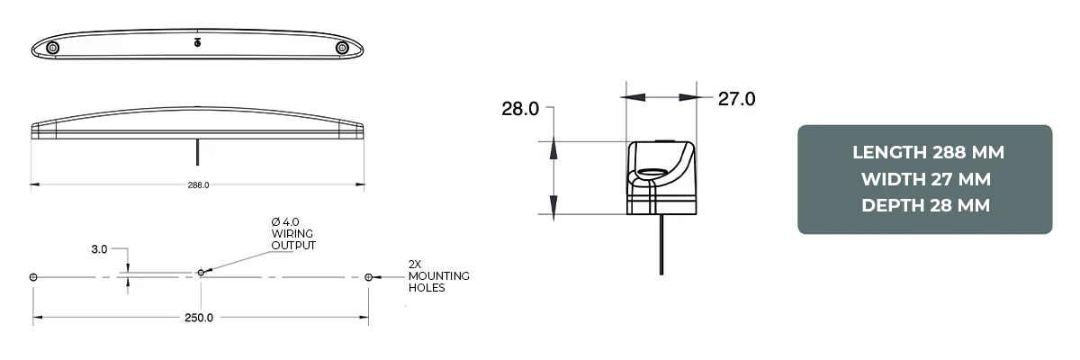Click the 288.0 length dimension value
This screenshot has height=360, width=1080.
(198, 185)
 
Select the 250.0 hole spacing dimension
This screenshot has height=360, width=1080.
(199, 318)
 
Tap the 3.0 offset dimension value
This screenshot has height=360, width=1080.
(99, 248)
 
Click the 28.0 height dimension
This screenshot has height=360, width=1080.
(520, 110)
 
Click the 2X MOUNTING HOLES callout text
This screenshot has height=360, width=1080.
(438, 276)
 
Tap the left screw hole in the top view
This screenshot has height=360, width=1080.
(53, 47)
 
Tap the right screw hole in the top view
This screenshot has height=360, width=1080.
(342, 47)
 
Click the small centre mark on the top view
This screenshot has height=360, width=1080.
(198, 42)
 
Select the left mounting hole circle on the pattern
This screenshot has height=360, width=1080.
(33, 277)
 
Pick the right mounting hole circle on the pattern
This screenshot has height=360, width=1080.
(368, 277)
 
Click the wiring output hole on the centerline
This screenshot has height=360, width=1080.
(200, 273)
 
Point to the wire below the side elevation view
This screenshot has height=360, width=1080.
(197, 152)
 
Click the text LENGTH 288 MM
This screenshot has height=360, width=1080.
(927, 152)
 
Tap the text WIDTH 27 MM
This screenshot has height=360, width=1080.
(927, 179)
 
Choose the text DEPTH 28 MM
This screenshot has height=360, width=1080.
(927, 206)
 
